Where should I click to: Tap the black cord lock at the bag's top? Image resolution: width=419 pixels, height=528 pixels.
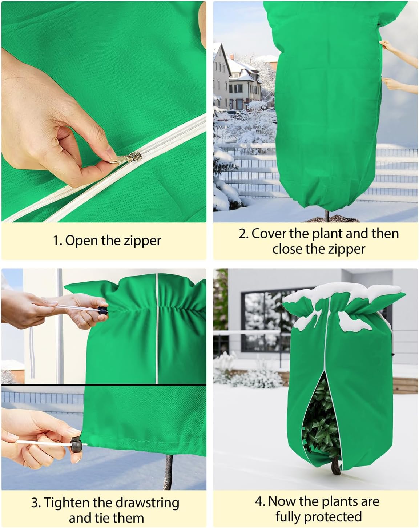pos(103,311)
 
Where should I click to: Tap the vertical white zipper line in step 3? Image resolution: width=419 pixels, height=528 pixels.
pos(157,327)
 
